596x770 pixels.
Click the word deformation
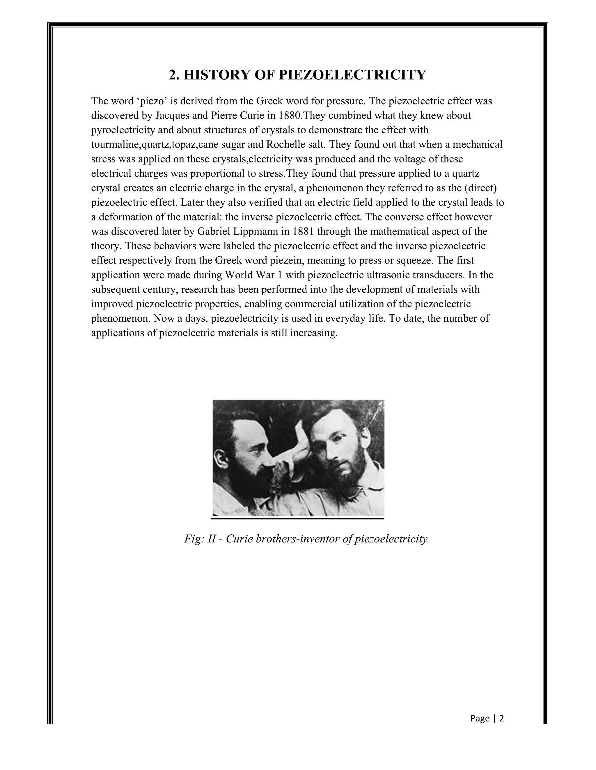(x=126, y=217)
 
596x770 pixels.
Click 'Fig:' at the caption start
(x=194, y=549)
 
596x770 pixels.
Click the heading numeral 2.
(x=172, y=75)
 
